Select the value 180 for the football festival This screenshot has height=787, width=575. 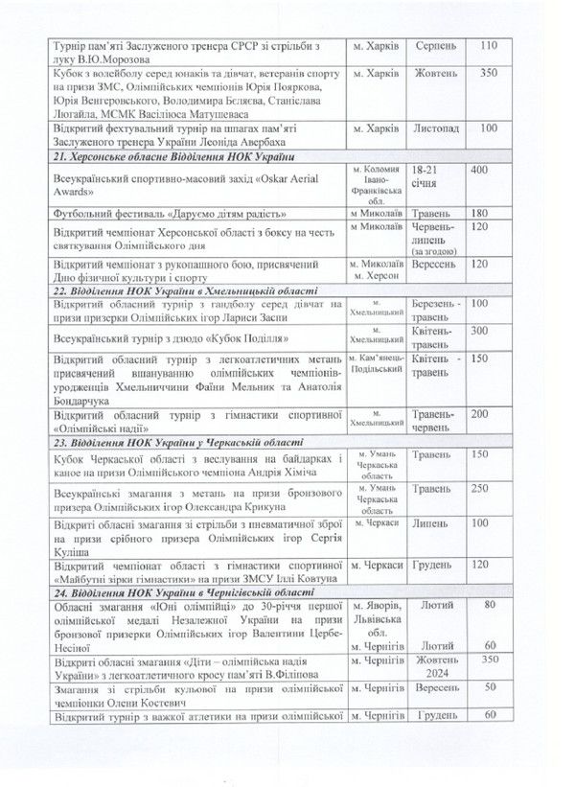point(488,213)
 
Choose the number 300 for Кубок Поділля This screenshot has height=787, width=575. point(488,330)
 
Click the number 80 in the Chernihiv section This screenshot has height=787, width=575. point(491,606)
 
